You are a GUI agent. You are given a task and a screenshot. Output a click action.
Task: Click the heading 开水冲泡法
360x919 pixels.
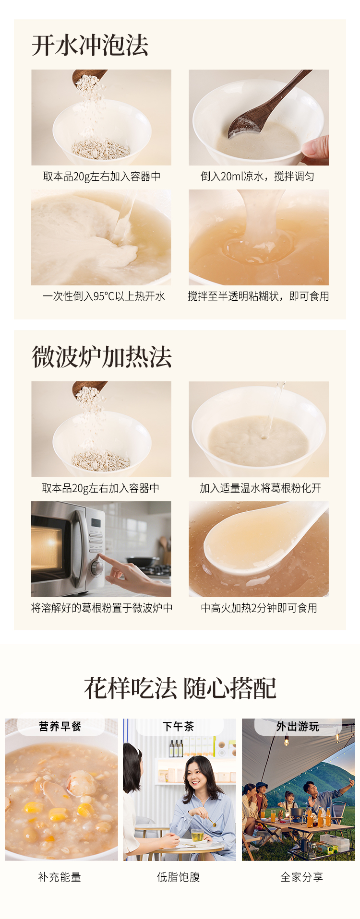[x=90, y=45]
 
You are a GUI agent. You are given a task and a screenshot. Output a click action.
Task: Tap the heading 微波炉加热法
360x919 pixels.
[x=102, y=357]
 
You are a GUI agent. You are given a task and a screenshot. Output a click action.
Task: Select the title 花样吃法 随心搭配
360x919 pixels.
[x=180, y=688]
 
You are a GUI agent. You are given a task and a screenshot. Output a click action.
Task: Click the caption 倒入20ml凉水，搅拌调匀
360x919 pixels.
[x=257, y=177]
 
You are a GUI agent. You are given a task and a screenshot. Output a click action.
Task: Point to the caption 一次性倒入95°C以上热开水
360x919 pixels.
[x=104, y=296]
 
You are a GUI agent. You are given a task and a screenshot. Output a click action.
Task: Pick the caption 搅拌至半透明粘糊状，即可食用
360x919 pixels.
[x=258, y=296]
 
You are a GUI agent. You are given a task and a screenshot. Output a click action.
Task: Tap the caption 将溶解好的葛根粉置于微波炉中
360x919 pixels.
[x=102, y=608]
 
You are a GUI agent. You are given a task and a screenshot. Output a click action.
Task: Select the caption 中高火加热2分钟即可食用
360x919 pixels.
[x=259, y=608]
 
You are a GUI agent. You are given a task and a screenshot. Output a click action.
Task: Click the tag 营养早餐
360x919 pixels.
[x=60, y=727]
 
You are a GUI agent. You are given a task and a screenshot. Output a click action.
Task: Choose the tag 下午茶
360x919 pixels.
[x=179, y=727]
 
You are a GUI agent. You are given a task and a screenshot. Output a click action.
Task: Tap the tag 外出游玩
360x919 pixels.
[x=298, y=727]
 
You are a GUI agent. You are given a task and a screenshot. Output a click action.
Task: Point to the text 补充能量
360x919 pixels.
[x=60, y=877]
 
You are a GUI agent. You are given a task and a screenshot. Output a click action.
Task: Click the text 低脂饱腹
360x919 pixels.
[x=179, y=877]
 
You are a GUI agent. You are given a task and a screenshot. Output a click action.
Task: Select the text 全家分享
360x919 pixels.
[x=302, y=877]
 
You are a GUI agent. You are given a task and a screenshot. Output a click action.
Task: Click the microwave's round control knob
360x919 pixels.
[x=97, y=567]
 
